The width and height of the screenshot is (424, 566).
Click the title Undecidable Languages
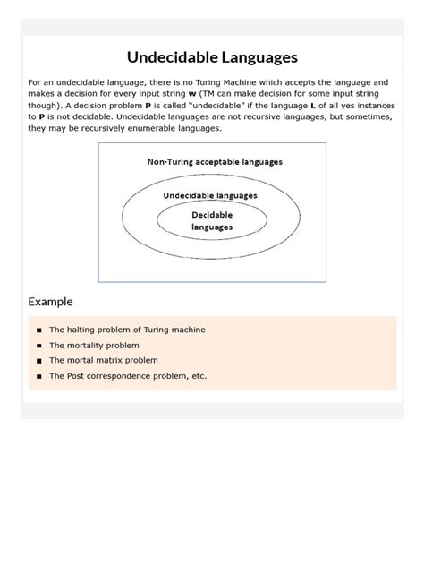coord(212,57)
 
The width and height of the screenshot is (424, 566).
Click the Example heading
coord(50,302)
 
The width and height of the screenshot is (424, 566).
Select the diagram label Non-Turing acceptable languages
coord(215,162)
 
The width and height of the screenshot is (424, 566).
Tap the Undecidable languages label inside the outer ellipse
coord(210,195)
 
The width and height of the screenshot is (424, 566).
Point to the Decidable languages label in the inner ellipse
coord(212,221)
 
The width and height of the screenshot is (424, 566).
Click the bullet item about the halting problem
coord(127,330)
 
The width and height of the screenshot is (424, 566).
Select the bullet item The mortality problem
coord(94,345)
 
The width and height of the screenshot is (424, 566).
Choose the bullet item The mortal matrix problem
coord(104,360)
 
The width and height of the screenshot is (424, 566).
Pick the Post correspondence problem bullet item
coord(128,376)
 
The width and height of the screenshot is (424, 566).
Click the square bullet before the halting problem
coord(39,330)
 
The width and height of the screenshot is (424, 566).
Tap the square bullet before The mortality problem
coord(39,346)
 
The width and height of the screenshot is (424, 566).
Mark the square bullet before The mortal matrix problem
coord(39,361)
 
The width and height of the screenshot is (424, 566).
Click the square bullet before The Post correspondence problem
coord(39,377)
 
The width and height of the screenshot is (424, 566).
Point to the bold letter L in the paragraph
coord(312,104)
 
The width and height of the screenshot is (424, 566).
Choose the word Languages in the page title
coord(254,57)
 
